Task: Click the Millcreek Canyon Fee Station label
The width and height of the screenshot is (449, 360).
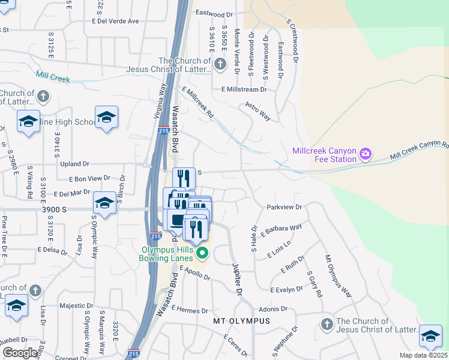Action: [x=324, y=155]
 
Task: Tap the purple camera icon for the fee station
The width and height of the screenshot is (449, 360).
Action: [x=365, y=155]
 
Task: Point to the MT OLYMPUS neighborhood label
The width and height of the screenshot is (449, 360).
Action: [x=242, y=321]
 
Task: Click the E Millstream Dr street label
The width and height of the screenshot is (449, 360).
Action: [x=244, y=89]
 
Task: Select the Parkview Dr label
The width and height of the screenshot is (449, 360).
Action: [x=284, y=206]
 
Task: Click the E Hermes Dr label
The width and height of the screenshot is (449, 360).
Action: [x=189, y=310]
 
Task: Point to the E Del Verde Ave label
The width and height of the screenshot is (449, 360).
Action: [x=115, y=21]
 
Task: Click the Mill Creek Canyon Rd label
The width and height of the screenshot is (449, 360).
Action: [x=419, y=149]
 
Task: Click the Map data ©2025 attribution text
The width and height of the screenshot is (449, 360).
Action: [x=423, y=355]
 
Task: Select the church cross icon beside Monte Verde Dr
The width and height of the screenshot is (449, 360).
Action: [x=220, y=64]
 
